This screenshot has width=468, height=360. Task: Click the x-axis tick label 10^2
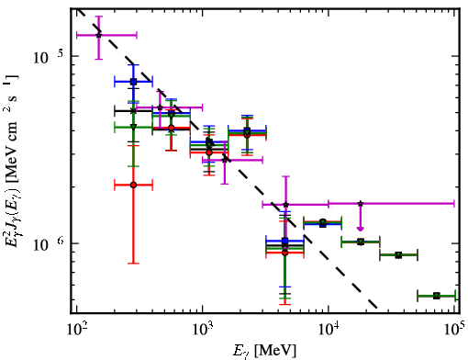coord(76,329)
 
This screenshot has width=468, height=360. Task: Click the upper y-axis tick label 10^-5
coord(48,56)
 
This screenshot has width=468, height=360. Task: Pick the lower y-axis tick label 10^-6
coord(49,244)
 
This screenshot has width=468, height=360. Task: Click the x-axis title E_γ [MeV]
coord(264,351)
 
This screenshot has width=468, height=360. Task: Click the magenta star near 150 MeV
coord(98,35)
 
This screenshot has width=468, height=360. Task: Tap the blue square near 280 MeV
coord(133,82)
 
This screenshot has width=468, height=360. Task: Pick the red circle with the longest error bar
coord(133,185)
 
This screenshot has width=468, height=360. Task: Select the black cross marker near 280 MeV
coord(133,111)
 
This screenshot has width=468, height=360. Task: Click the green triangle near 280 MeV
coord(133,127)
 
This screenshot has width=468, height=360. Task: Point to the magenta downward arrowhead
coord(361,229)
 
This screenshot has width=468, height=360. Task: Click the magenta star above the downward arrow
coord(361,203)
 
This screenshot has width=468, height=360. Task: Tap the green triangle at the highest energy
coord(437,296)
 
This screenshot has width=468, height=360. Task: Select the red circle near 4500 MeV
coord(285,253)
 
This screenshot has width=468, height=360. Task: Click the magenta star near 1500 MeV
coord(225,160)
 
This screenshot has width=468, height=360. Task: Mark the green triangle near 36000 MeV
coord(398,255)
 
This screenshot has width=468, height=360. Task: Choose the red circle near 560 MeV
coord(172,128)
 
